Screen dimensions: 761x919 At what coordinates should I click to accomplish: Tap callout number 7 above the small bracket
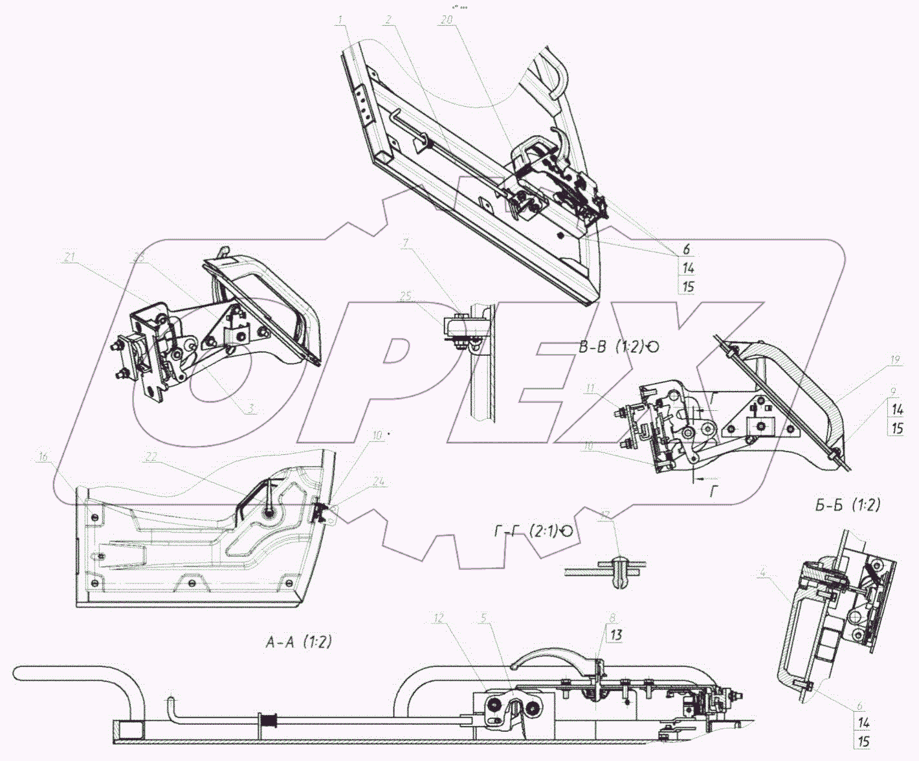[404, 243]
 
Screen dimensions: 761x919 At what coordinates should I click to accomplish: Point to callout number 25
[406, 296]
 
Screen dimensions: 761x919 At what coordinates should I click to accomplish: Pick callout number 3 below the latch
[252, 408]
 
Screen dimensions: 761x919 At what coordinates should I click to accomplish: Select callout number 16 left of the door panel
[43, 457]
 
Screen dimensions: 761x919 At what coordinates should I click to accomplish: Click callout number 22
[151, 458]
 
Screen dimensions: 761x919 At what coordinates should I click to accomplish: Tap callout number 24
[379, 481]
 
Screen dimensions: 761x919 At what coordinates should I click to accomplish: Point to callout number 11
[590, 388]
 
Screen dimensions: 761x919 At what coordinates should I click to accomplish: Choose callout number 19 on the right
[895, 361]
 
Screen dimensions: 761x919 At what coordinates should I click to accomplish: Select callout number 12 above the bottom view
[439, 619]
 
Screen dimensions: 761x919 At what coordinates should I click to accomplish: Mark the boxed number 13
[615, 635]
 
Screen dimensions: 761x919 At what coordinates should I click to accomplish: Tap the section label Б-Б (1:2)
[848, 505]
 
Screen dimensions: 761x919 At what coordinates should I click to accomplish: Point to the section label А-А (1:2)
[298, 642]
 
